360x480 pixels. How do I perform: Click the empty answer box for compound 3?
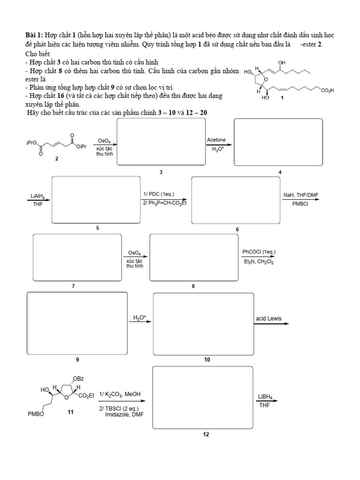pos(161,142)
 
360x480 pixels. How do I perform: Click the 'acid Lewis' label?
pos(269,318)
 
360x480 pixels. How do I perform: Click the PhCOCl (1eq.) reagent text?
pos(259,252)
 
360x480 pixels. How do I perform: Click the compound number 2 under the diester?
pos(57,159)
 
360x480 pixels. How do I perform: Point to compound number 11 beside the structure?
pos(71,411)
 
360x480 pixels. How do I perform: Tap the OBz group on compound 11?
pos(78,379)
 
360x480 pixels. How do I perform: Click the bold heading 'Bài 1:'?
pos(33,36)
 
